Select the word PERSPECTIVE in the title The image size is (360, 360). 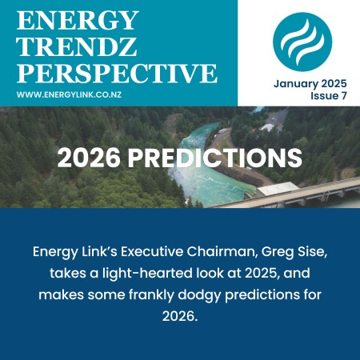(x=117, y=74)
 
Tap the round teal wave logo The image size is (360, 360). (x=302, y=39)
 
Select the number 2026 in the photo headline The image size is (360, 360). (x=89, y=157)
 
